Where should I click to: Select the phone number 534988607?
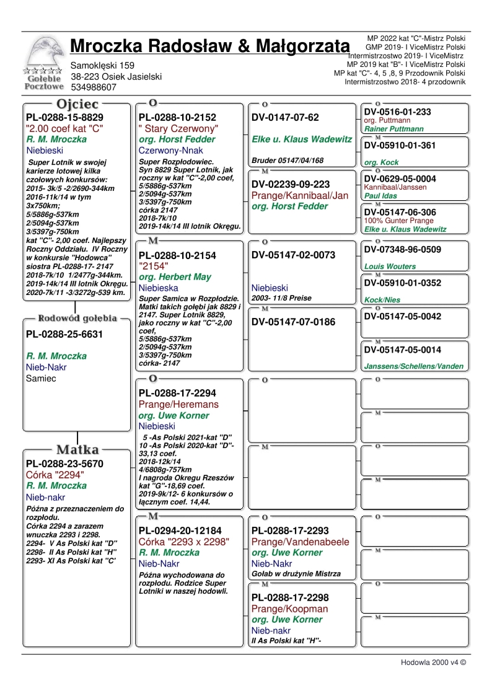(94, 87)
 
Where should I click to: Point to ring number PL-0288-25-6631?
(64, 335)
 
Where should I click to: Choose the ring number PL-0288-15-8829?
(64, 117)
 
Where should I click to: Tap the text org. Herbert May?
(175, 277)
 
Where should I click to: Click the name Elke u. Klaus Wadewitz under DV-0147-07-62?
(302, 139)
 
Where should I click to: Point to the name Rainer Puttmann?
(394, 129)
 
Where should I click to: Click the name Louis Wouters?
(390, 267)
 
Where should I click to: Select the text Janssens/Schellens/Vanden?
(414, 366)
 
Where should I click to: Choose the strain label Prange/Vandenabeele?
(301, 542)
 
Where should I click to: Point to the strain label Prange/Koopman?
(290, 609)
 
